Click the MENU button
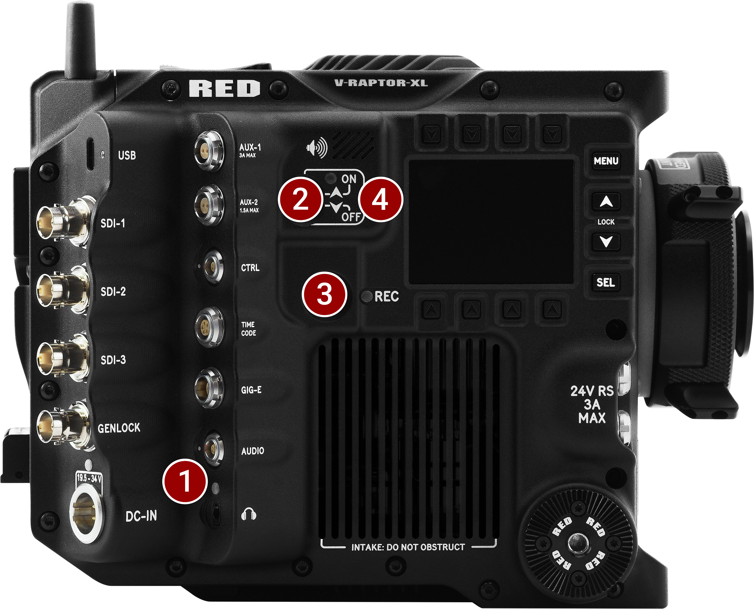point(606,161)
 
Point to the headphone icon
point(249,514)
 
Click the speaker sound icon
point(317,148)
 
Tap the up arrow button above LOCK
point(606,202)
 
